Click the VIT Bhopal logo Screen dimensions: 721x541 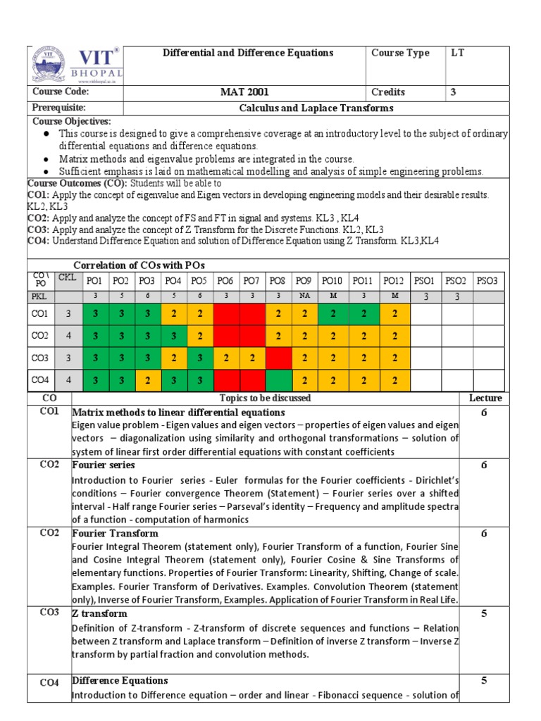75,65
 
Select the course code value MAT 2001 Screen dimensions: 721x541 244,92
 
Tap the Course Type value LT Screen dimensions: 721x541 458,54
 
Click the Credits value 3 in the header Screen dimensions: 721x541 454,92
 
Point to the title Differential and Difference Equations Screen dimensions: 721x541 248,54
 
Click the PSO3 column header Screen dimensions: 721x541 487,281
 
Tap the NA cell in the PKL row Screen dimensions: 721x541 303,296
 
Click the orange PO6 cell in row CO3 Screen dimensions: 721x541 226,358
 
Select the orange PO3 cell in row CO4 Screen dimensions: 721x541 148,380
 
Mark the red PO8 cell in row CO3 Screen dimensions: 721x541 278,358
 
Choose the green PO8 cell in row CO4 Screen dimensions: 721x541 278,380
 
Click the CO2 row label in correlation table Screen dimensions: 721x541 40,336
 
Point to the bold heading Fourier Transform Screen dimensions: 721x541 115,534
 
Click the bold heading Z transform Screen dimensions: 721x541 99,614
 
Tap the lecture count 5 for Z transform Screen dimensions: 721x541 484,614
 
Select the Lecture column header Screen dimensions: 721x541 485,399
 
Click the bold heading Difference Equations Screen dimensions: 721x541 120,681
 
